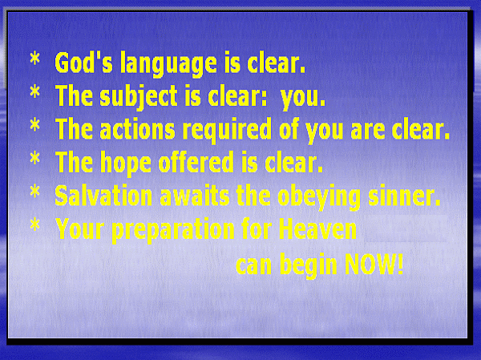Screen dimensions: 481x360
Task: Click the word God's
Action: (x=83, y=63)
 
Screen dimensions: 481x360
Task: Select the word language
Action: (x=168, y=65)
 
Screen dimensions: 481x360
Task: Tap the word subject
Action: (x=139, y=97)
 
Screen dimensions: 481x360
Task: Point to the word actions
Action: (x=137, y=129)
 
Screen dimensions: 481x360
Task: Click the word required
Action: (x=227, y=131)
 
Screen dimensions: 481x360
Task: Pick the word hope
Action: (x=126, y=164)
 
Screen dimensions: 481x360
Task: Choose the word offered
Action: (x=196, y=162)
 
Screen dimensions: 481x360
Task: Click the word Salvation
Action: (x=103, y=196)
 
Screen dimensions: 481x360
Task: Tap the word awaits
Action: (x=195, y=196)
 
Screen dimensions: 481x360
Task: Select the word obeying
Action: (x=319, y=198)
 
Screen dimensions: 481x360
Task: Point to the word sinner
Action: (x=404, y=196)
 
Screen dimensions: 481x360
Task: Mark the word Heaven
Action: (x=317, y=229)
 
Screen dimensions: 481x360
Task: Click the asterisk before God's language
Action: (x=35, y=59)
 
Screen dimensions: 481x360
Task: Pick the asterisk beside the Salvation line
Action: (x=35, y=191)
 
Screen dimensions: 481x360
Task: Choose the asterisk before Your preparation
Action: (x=35, y=224)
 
